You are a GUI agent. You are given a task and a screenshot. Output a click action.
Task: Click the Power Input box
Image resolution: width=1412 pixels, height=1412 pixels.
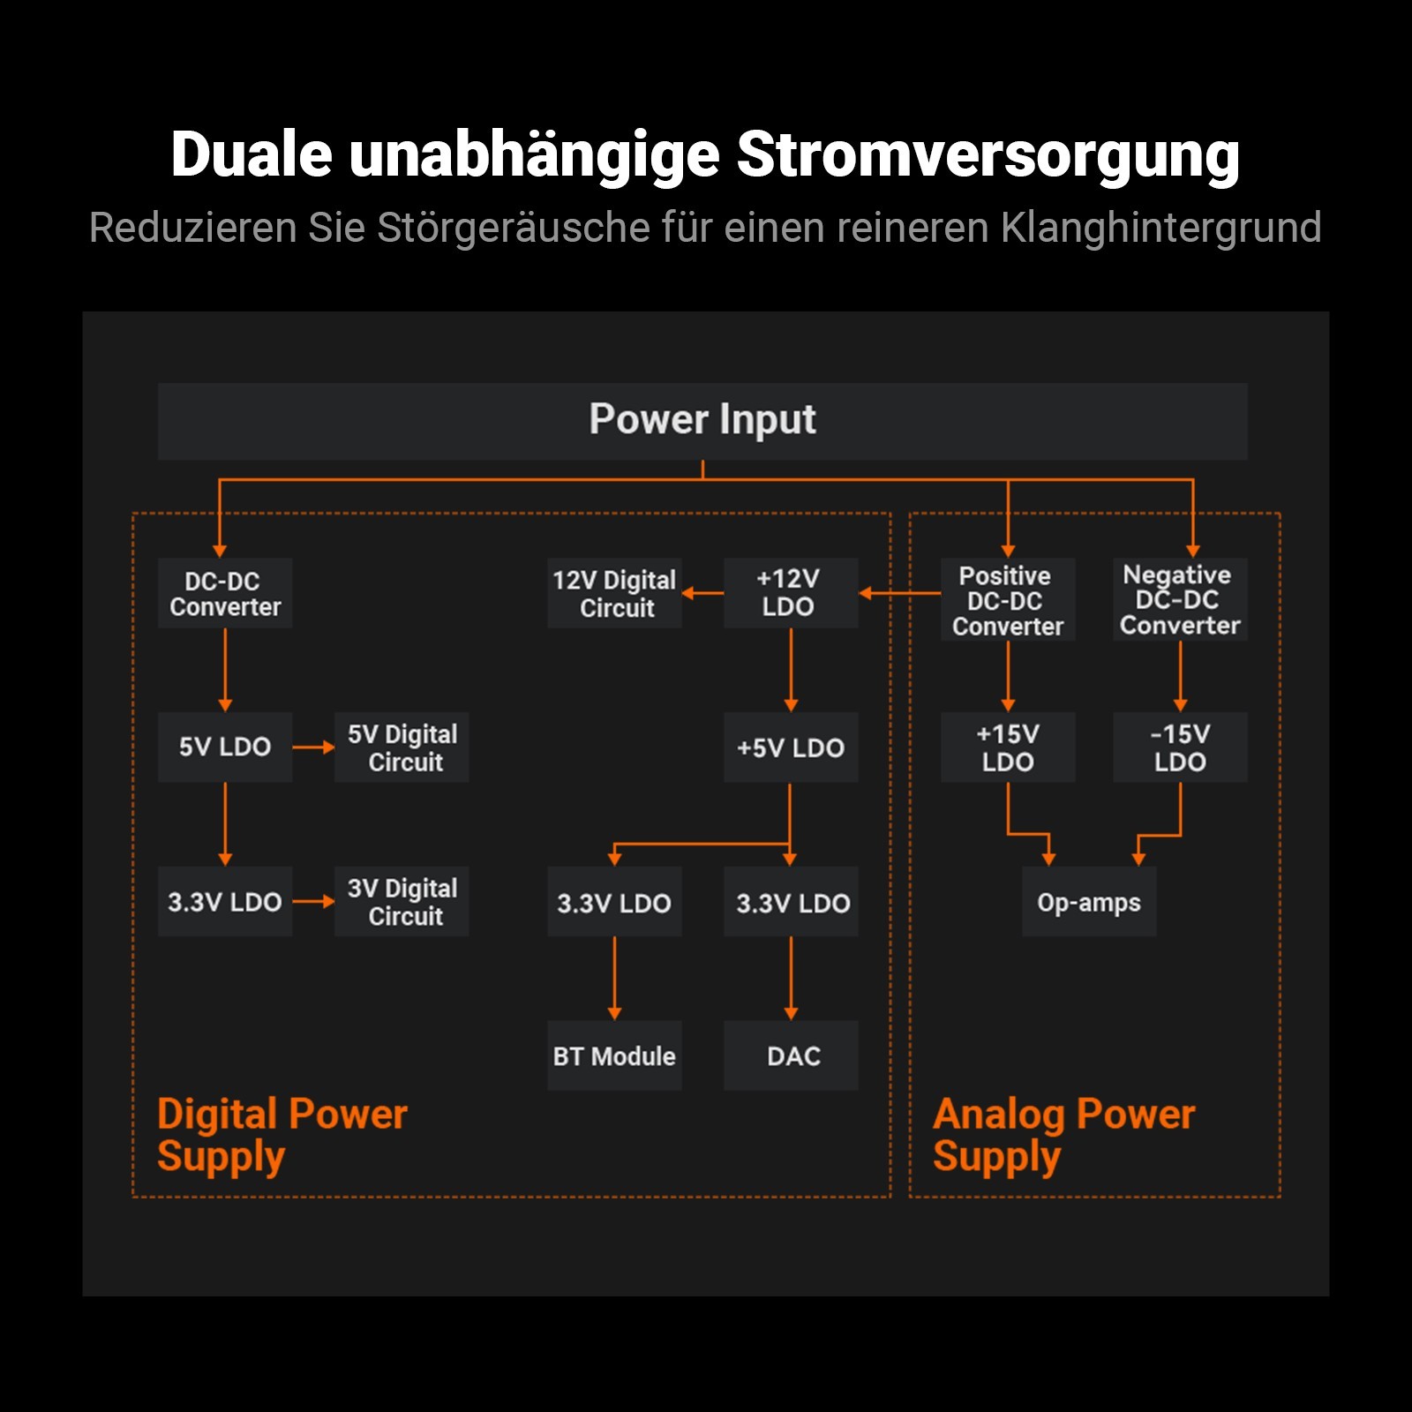pyautogui.click(x=702, y=421)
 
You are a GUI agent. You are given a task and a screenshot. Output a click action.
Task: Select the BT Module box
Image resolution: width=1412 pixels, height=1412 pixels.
pyautogui.click(x=614, y=1055)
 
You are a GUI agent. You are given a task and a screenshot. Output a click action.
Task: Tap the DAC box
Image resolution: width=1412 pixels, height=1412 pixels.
pyautogui.click(x=791, y=1055)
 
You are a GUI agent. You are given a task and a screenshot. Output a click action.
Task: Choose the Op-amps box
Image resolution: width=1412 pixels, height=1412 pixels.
pyautogui.click(x=1089, y=902)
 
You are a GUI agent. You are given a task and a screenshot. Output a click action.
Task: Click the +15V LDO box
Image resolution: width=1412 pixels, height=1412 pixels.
pyautogui.click(x=1008, y=747)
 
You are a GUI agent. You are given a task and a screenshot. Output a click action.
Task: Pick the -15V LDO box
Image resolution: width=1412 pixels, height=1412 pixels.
pyautogui.click(x=1180, y=747)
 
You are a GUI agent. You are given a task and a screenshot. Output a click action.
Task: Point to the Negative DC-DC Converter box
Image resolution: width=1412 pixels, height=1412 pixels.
pyautogui.click(x=1180, y=599)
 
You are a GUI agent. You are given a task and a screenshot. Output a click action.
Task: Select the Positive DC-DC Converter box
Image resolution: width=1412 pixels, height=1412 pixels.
pyautogui.click(x=1008, y=599)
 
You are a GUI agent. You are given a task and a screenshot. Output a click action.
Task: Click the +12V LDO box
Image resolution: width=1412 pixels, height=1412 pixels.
pyautogui.click(x=791, y=592)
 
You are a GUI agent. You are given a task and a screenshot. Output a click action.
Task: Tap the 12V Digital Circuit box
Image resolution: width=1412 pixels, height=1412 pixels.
pyautogui.click(x=614, y=593)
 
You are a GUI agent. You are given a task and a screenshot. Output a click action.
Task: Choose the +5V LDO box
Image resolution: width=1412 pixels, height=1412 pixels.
pyautogui.click(x=791, y=747)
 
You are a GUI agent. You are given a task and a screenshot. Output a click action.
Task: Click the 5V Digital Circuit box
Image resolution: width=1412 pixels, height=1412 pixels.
pyautogui.click(x=402, y=747)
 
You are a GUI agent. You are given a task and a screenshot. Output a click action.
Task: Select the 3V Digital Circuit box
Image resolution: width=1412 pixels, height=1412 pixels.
pyautogui.click(x=402, y=902)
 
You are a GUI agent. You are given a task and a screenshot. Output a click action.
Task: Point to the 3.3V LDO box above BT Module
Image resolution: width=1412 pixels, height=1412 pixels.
pyautogui.click(x=614, y=902)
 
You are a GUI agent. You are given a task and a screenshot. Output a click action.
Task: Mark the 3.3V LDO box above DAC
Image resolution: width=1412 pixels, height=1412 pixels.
pyautogui.click(x=791, y=902)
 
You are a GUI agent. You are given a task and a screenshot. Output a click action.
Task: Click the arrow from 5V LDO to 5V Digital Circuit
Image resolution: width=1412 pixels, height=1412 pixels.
pyautogui.click(x=313, y=747)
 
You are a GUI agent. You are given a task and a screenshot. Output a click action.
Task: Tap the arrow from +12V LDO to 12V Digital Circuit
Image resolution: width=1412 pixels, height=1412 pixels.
pyautogui.click(x=702, y=593)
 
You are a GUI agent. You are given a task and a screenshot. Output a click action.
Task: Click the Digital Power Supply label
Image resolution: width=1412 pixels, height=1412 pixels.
pyautogui.click(x=282, y=1135)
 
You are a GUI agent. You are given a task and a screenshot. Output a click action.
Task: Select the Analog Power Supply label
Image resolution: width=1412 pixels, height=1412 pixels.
pyautogui.click(x=1063, y=1135)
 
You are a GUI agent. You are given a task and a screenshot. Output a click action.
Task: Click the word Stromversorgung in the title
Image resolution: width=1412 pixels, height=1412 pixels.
pyautogui.click(x=988, y=155)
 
